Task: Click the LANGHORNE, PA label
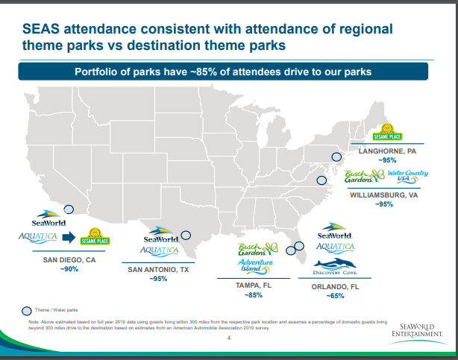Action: coord(387,151)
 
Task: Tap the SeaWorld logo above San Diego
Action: coord(49,221)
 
